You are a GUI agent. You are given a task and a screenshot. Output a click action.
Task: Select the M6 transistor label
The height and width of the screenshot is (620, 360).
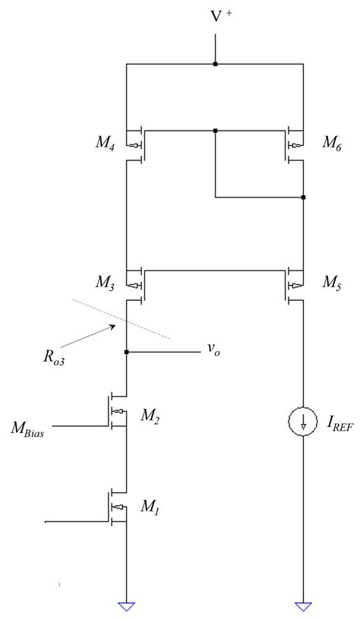[331, 142]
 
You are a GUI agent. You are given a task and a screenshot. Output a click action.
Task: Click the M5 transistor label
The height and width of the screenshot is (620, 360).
[331, 283]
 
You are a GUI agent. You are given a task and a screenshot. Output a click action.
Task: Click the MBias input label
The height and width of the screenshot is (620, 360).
[27, 429]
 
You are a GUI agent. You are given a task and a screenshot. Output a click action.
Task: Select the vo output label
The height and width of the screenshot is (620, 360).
[213, 352]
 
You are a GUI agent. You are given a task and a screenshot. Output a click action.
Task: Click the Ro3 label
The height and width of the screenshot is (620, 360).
[54, 356]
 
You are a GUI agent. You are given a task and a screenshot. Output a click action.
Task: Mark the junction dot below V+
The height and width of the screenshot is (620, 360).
[216, 64]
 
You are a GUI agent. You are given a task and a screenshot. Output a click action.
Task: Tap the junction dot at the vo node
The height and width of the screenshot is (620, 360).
[126, 352]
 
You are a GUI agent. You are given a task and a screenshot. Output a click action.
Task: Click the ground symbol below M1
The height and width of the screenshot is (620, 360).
[126, 607]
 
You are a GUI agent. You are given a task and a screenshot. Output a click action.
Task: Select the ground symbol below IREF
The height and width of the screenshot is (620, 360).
[303, 607]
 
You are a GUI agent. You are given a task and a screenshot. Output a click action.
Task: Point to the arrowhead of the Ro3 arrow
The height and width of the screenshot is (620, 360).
[115, 325]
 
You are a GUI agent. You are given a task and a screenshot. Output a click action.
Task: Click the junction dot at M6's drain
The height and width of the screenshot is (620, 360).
[303, 197]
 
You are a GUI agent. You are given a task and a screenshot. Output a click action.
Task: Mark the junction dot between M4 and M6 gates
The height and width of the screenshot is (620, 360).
[216, 130]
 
